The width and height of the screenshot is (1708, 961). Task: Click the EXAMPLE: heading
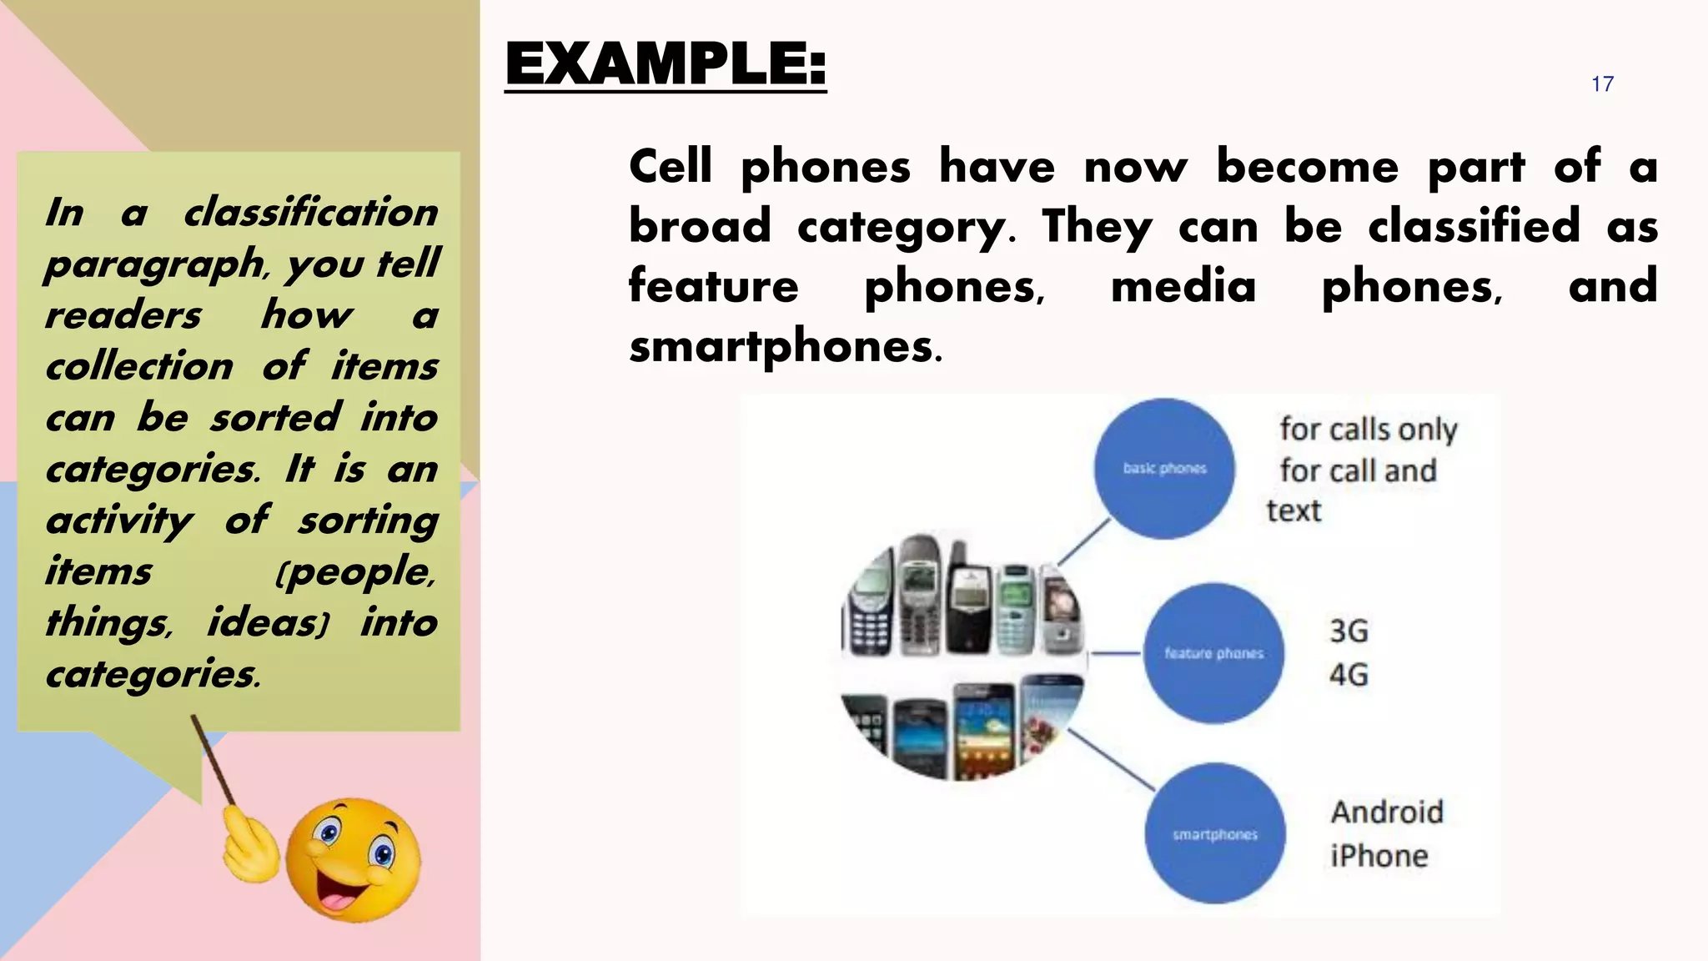(666, 64)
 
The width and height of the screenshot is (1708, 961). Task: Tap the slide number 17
(1602, 84)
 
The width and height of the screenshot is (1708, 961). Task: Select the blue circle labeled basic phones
(1164, 468)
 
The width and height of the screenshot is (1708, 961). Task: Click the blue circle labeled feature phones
(1213, 653)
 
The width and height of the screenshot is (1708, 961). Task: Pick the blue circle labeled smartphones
(1215, 833)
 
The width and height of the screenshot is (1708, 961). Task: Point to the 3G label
(1349, 631)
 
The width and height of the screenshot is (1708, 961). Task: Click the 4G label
(1349, 674)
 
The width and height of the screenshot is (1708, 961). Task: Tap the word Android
(1387, 812)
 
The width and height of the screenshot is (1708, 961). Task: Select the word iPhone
(1379, 856)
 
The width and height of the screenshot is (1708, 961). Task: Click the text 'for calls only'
(1369, 429)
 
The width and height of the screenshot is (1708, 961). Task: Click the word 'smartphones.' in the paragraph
(785, 346)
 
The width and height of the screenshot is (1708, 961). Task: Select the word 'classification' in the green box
(311, 212)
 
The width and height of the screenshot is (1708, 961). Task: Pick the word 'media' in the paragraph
(1183, 286)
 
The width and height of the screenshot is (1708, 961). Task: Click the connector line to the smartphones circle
(1111, 759)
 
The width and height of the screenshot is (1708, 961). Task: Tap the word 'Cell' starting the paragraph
(671, 166)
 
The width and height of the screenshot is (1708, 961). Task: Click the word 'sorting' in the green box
(369, 521)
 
